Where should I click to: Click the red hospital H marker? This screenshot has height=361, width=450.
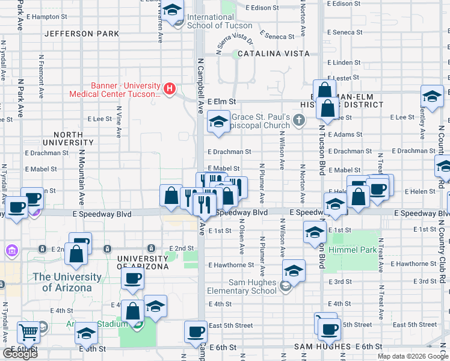click(170, 90)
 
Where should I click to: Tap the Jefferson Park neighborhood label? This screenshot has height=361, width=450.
click(82, 34)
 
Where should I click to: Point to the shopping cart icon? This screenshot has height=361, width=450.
click(29, 332)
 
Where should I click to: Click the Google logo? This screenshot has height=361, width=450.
click(20, 353)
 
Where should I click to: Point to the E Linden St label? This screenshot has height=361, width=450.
click(344, 63)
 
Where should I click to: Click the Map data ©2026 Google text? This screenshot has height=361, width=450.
click(412, 356)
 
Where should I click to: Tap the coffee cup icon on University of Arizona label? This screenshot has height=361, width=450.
click(132, 279)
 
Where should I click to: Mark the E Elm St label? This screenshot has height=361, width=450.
click(222, 102)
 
